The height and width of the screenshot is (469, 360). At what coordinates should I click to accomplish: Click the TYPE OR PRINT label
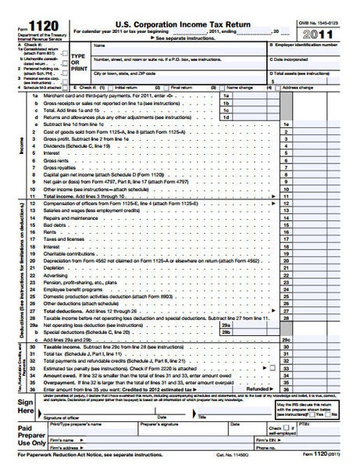point(79,63)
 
